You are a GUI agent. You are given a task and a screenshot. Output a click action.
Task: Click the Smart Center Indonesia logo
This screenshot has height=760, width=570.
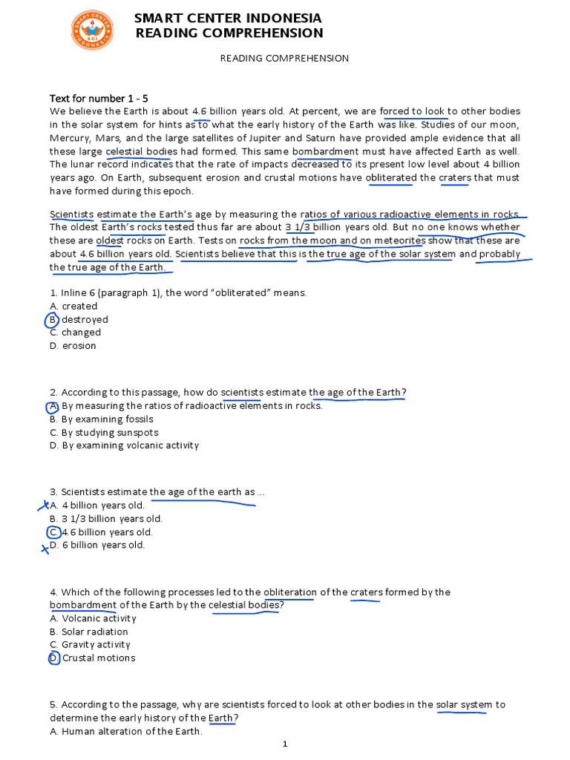(x=92, y=30)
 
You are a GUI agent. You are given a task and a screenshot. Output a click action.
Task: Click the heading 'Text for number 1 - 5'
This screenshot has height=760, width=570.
(x=99, y=98)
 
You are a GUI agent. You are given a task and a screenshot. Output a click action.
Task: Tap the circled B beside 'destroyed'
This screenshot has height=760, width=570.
(x=52, y=320)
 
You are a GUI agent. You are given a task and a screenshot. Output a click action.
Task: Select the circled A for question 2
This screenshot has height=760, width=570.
(x=53, y=407)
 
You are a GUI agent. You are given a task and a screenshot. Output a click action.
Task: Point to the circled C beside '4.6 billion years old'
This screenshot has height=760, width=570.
(x=53, y=532)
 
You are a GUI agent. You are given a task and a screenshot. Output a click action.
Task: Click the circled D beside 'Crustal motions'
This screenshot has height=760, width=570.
(x=53, y=658)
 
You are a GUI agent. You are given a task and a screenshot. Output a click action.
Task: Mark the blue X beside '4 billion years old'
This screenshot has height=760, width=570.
(x=45, y=506)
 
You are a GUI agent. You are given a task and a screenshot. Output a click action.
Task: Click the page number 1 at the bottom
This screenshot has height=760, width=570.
(x=285, y=744)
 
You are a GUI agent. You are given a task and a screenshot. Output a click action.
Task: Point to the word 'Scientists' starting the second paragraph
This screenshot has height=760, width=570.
(x=71, y=214)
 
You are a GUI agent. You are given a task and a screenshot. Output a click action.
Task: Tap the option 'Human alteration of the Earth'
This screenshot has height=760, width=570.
(x=125, y=731)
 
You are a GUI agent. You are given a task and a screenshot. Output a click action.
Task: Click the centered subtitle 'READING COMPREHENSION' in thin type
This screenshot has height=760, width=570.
(x=284, y=59)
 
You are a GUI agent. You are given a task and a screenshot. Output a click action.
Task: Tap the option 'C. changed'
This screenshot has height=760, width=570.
(x=75, y=332)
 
